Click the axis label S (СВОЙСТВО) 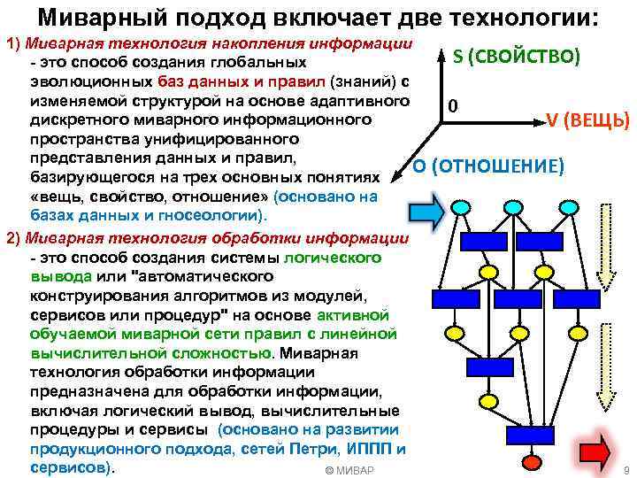click(x=516, y=57)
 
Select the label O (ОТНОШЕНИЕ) click(x=487, y=166)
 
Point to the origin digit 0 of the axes click(x=452, y=105)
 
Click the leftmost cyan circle click(x=460, y=206)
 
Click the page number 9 click(x=625, y=469)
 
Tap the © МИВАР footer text click(x=349, y=469)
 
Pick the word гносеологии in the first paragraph click(x=212, y=215)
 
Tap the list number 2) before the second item click(x=13, y=237)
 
